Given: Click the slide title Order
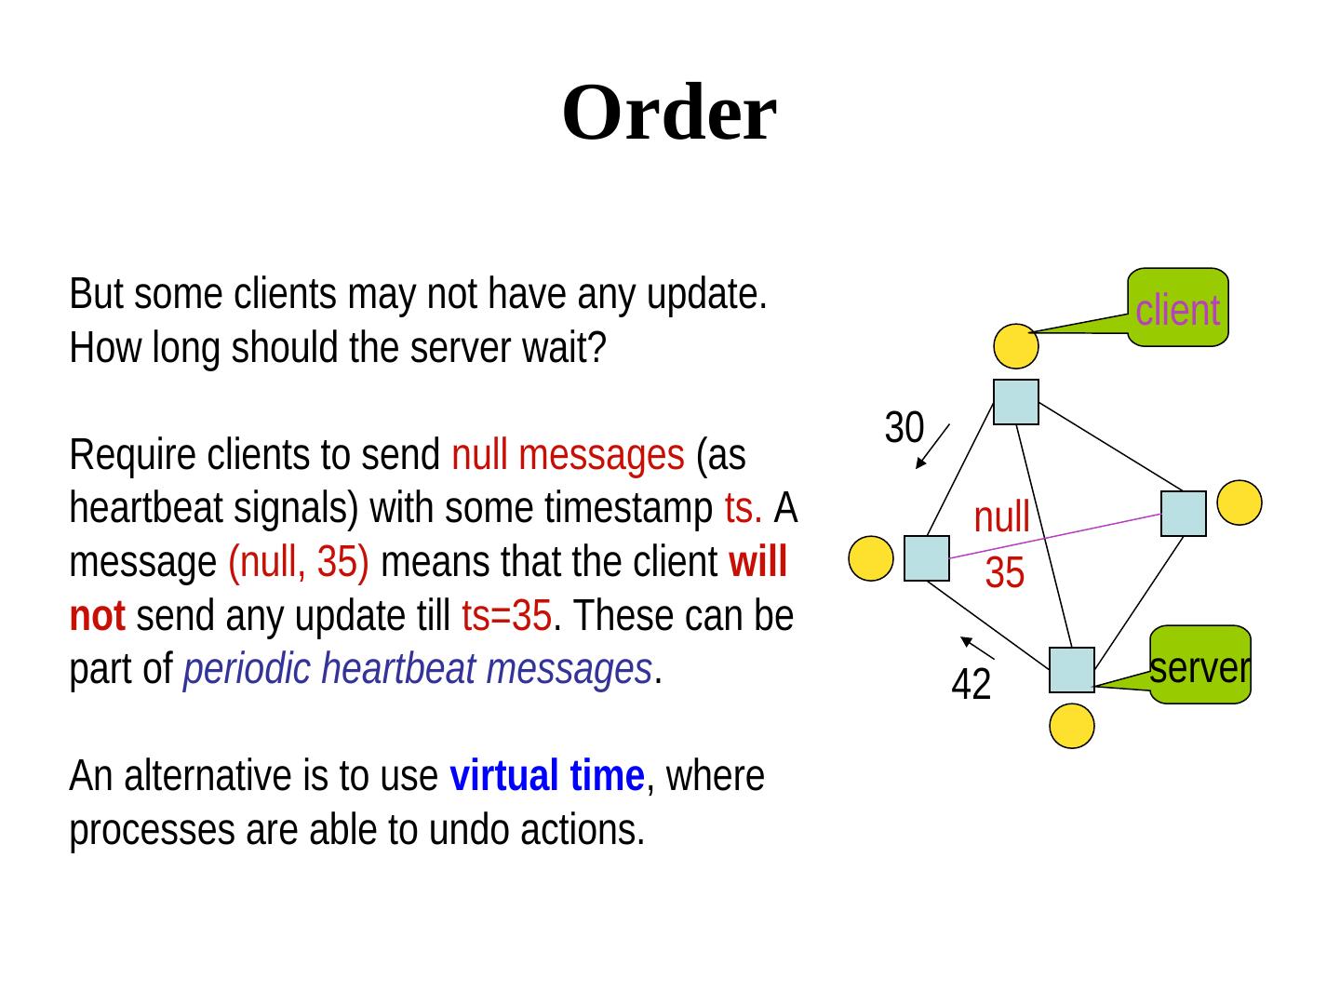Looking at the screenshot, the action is (x=668, y=114).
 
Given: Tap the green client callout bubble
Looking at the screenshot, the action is (x=1177, y=308).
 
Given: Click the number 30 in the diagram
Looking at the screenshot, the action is (x=903, y=428).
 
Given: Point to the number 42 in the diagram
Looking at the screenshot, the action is (x=971, y=686).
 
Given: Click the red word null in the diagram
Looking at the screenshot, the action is (x=1001, y=516).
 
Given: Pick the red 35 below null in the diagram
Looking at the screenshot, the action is (x=1004, y=573).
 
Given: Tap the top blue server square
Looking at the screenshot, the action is (x=1015, y=402).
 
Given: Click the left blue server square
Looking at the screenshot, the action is (x=926, y=558).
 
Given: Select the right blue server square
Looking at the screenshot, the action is (x=1183, y=514).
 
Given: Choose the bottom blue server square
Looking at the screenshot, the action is (x=1071, y=670).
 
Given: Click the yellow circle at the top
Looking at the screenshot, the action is (x=1014, y=345).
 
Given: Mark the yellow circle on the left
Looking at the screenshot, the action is (x=871, y=558).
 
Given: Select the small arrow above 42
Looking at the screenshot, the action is (x=979, y=648).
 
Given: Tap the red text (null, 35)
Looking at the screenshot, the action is (x=299, y=562).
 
